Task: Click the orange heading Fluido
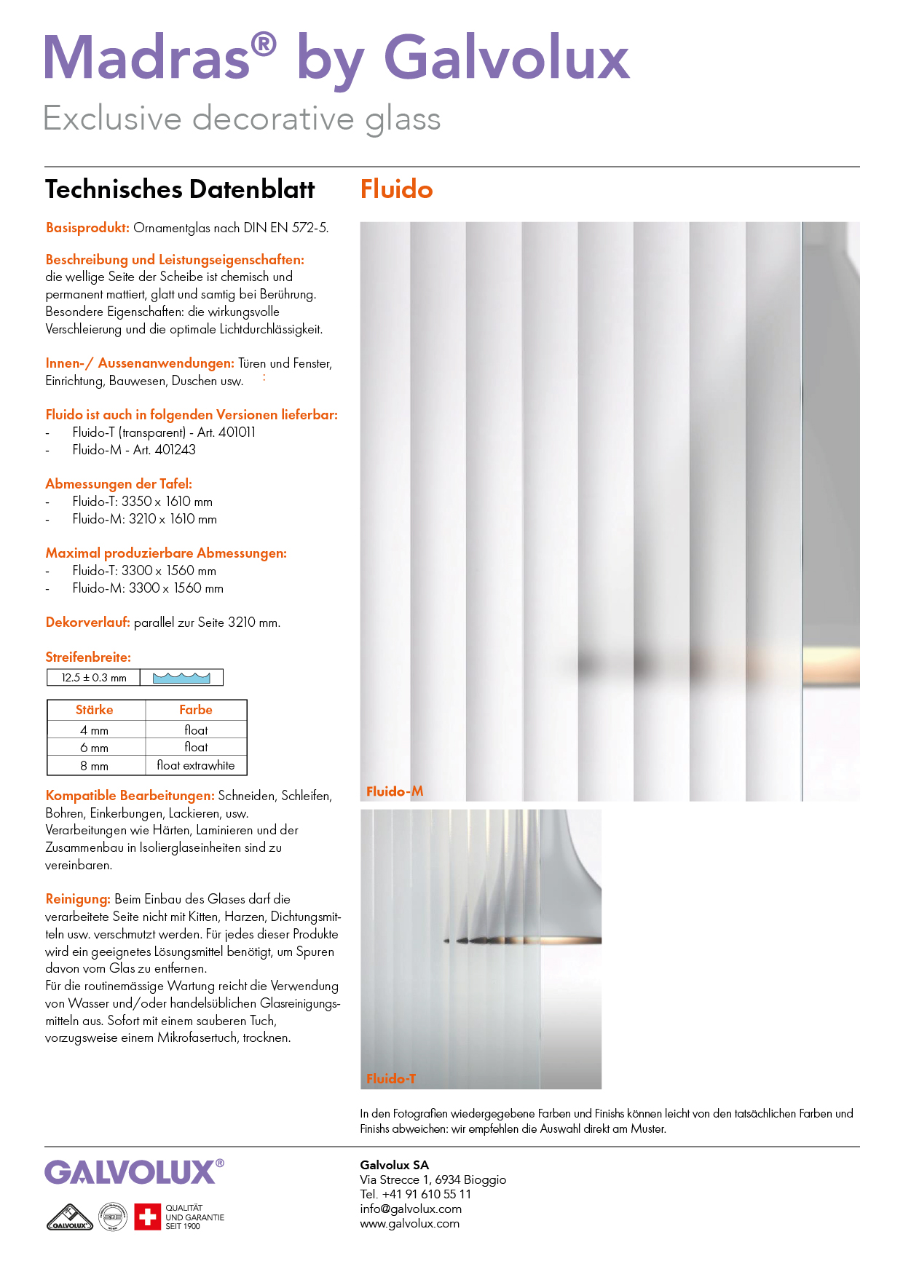click(x=396, y=189)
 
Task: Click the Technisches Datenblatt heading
click(x=180, y=189)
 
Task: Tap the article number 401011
click(x=237, y=432)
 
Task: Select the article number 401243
click(x=176, y=450)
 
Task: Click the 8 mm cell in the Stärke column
click(x=95, y=766)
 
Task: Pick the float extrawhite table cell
click(x=196, y=766)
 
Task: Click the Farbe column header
click(x=196, y=710)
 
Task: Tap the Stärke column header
click(x=95, y=710)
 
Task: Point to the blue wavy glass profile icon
click(x=181, y=678)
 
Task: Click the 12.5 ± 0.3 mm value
click(x=94, y=678)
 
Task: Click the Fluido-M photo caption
click(x=395, y=791)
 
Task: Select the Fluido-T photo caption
click(x=391, y=1079)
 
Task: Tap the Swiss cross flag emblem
click(x=147, y=1217)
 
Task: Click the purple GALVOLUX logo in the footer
click(x=130, y=1173)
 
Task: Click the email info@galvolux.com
click(x=411, y=1209)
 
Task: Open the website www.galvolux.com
click(x=409, y=1224)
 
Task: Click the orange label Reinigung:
click(x=78, y=899)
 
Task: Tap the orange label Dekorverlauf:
click(x=87, y=622)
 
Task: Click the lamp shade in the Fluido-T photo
click(x=568, y=888)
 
